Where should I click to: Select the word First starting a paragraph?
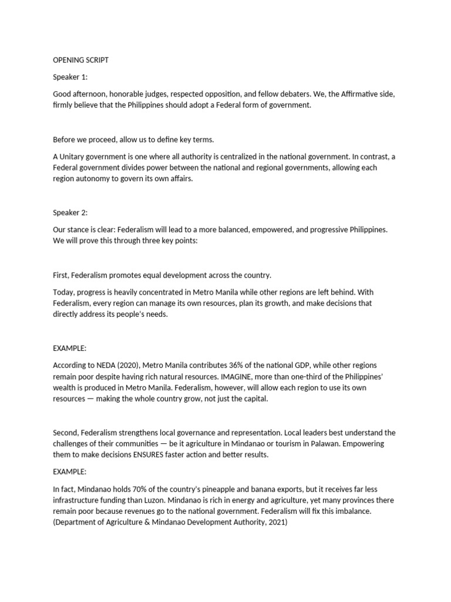[x=60, y=275]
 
